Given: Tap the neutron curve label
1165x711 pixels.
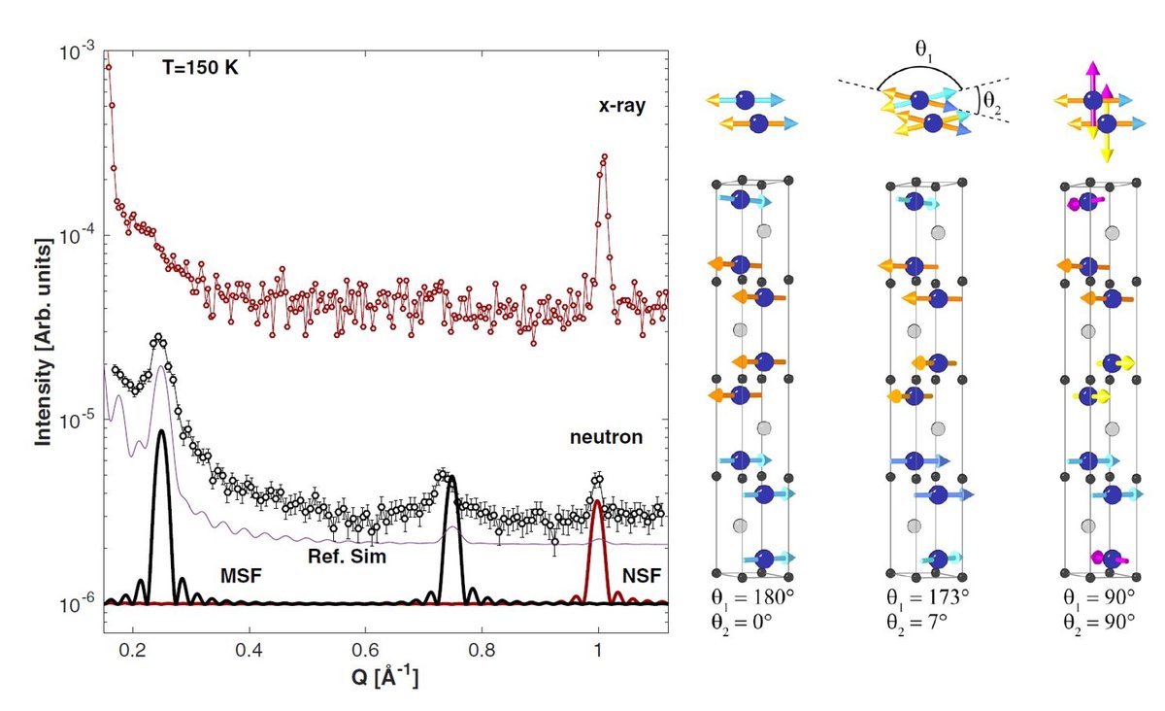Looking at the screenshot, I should pyautogui.click(x=606, y=438).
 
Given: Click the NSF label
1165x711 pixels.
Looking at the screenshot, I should pyautogui.click(x=643, y=577).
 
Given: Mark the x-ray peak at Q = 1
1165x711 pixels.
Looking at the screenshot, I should pyautogui.click(x=604, y=156).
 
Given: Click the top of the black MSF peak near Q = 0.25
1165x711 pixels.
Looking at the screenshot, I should pyautogui.click(x=161, y=429).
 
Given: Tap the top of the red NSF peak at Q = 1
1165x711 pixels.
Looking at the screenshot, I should pyautogui.click(x=598, y=502).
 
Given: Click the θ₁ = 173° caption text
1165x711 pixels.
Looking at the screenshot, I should pyautogui.click(x=925, y=595).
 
